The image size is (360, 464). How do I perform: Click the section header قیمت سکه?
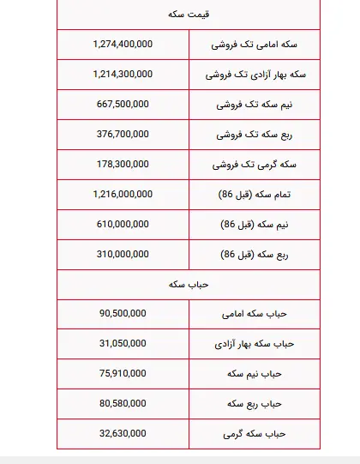189,15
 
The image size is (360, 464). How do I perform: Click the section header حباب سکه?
189,284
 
